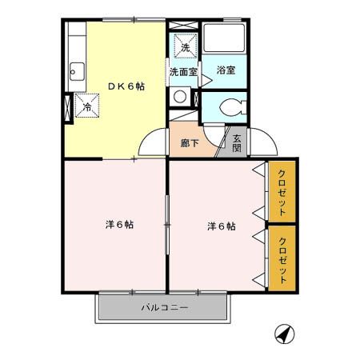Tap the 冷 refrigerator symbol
86,105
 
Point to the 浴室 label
226,70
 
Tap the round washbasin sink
180,97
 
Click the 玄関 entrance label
237,142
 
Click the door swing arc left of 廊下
153,144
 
